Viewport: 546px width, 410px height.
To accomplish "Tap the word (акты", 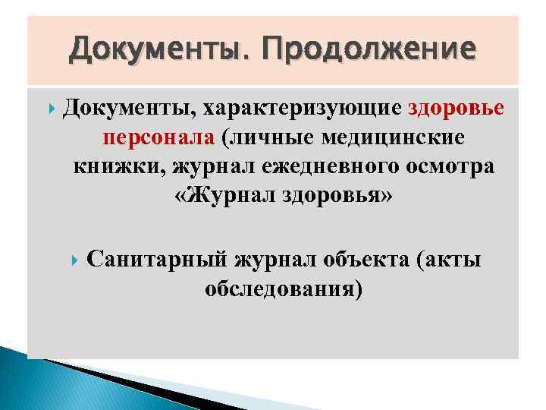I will click(x=448, y=260).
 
